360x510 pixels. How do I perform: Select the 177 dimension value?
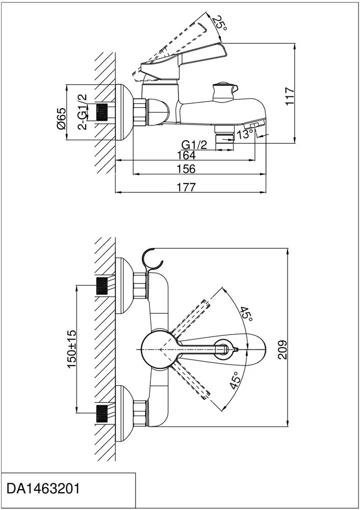[187, 187]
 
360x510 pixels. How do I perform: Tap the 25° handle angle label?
[219, 22]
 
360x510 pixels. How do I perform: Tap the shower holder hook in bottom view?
[153, 259]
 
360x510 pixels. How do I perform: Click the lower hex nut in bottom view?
[140, 413]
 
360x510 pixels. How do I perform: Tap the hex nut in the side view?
[140, 112]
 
